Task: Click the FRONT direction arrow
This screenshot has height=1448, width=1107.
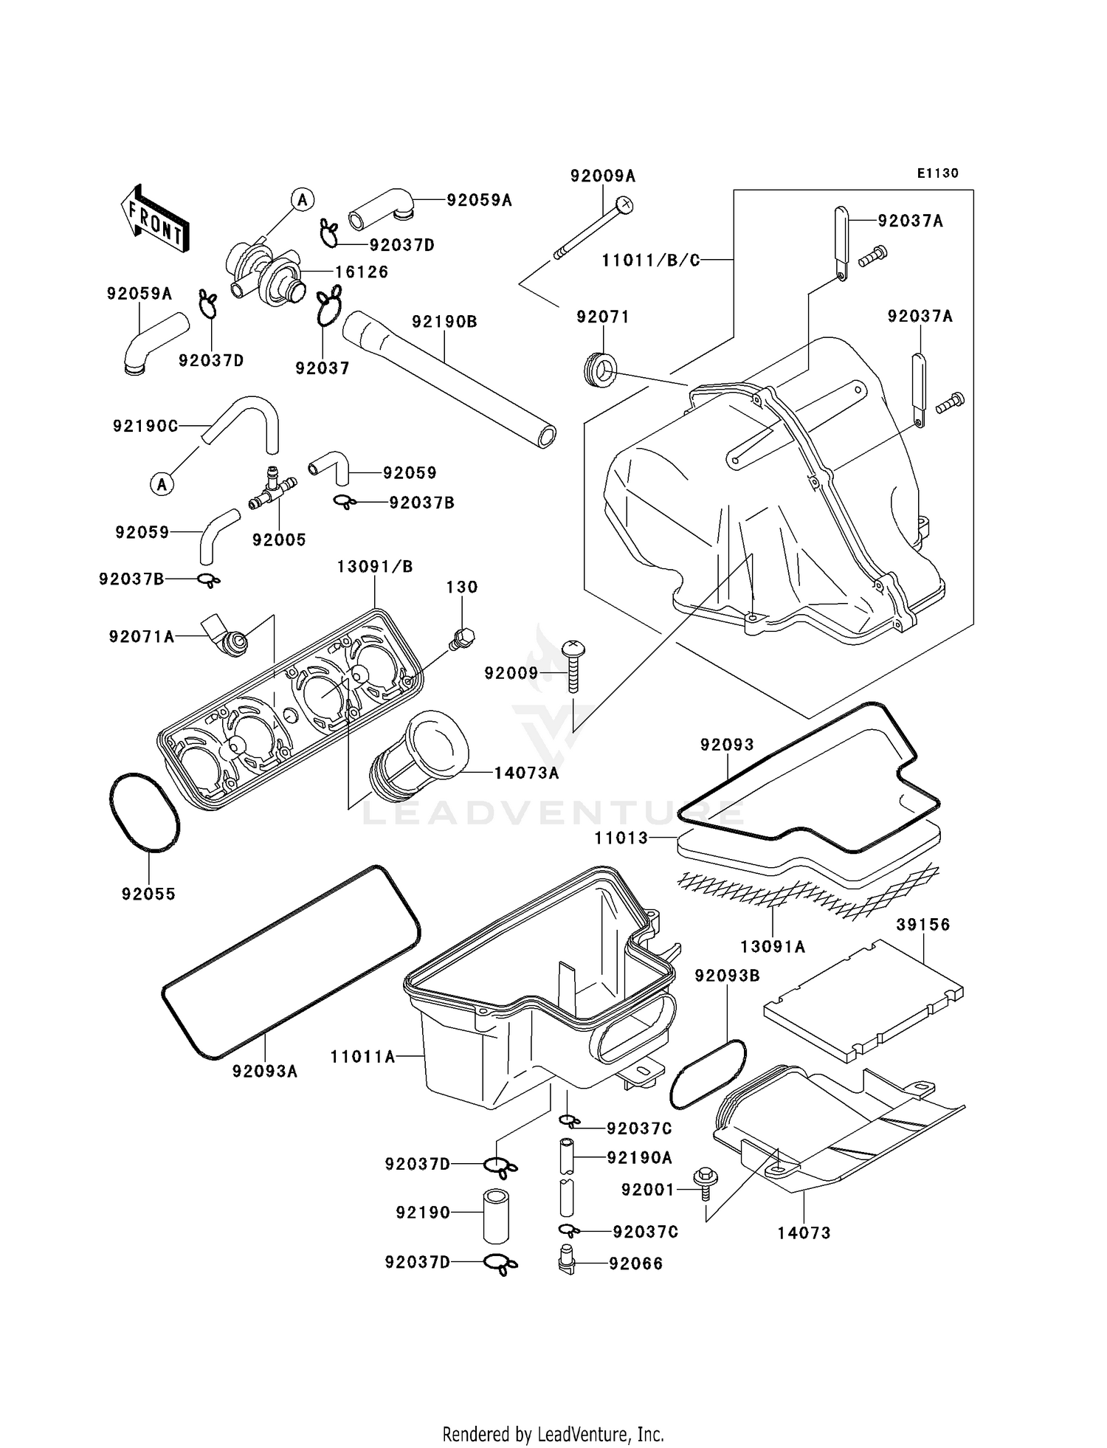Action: tap(155, 219)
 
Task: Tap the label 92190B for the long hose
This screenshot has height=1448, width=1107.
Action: tap(444, 322)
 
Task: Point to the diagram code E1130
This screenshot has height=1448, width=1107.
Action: tap(937, 173)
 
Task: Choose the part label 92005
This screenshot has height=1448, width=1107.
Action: tap(279, 539)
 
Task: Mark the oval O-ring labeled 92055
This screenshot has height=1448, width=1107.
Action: tap(145, 812)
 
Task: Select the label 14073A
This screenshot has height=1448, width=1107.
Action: tap(526, 773)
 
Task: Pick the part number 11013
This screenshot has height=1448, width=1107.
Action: tap(621, 838)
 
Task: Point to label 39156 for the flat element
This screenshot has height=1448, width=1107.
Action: tap(923, 924)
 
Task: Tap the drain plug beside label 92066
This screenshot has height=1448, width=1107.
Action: tap(566, 1262)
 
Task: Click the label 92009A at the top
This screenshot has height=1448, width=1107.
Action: tap(602, 176)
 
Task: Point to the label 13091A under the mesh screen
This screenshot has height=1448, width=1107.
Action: tap(772, 946)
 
